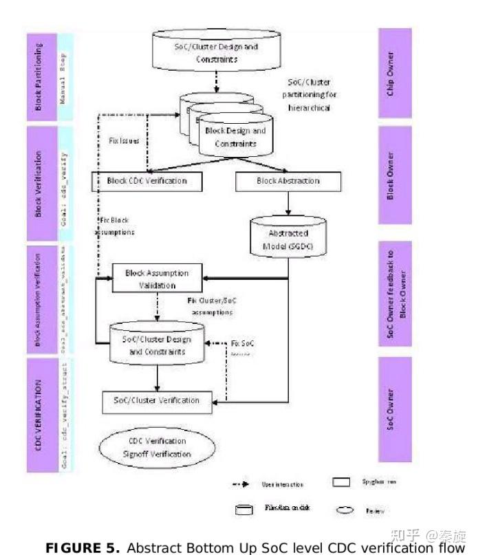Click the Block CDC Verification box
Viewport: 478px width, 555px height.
point(148,181)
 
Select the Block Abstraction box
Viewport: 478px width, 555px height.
point(287,181)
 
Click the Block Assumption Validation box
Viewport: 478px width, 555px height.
point(150,279)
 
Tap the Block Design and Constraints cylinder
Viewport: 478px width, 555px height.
point(235,137)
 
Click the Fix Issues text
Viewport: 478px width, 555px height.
point(124,140)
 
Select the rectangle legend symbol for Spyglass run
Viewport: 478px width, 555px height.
point(342,482)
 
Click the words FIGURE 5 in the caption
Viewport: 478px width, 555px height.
point(74,547)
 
